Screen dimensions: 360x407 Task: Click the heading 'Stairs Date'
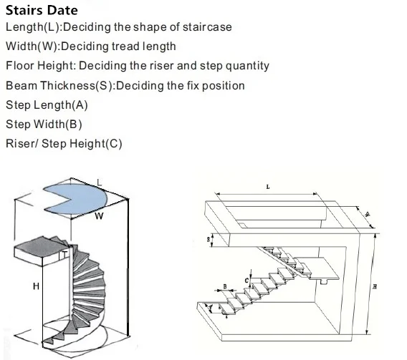pos(42,11)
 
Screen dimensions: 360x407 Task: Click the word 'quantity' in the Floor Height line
pos(245,66)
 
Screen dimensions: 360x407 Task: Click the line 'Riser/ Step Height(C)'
pos(64,143)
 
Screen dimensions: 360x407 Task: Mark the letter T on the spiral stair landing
pos(64,253)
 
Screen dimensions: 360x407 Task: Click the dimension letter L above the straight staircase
pos(267,186)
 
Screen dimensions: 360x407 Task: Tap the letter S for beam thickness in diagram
pos(209,240)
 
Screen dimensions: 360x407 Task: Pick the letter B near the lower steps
pos(224,286)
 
